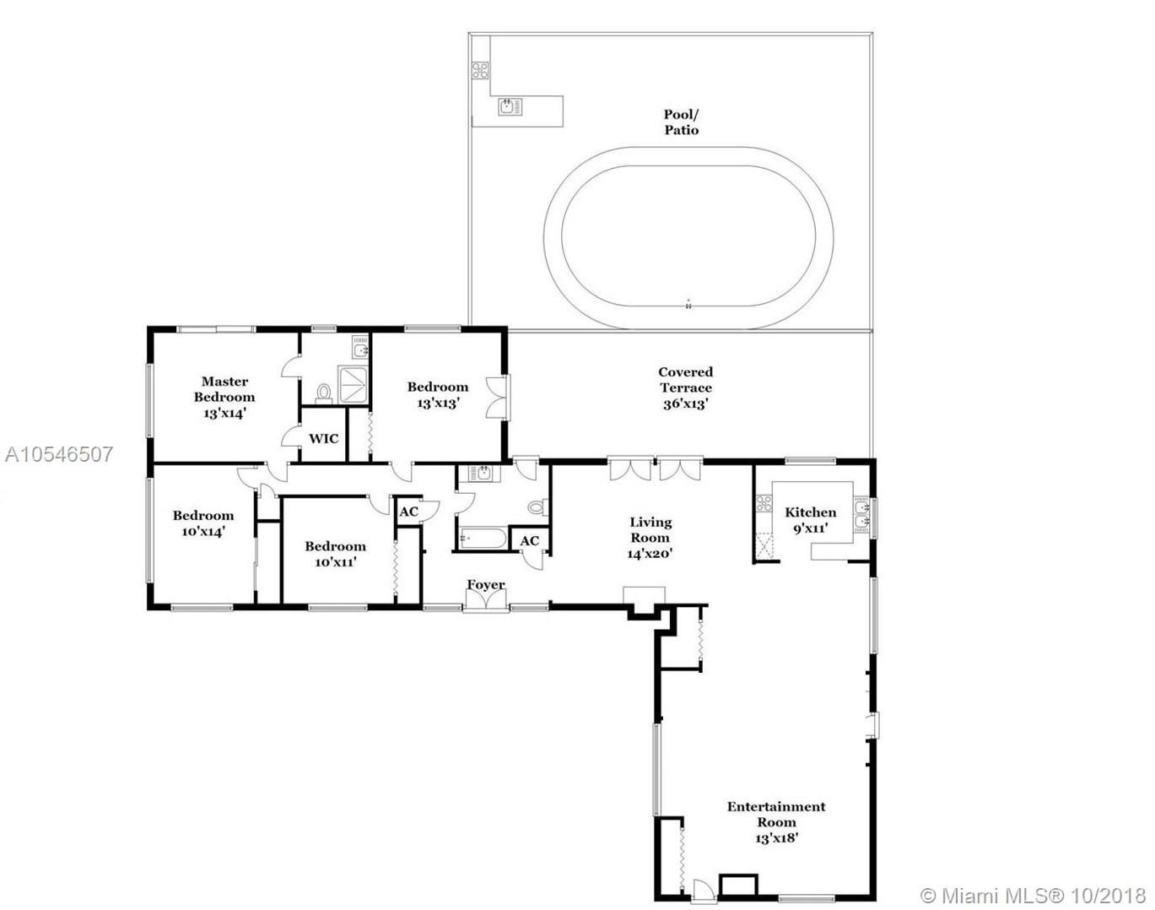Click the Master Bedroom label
click(x=224, y=397)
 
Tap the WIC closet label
click(x=323, y=438)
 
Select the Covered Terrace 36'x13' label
click(x=685, y=387)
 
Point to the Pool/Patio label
click(x=682, y=122)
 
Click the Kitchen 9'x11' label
click(x=811, y=520)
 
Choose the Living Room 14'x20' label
click(x=650, y=538)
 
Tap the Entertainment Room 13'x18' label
click(x=776, y=822)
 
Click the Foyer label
click(x=486, y=585)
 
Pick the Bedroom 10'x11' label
click(x=336, y=554)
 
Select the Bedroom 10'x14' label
click(x=202, y=523)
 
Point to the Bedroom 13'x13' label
click(x=437, y=395)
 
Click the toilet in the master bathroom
click(x=323, y=393)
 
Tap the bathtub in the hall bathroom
click(x=483, y=538)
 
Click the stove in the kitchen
click(x=764, y=503)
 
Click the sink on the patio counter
click(x=510, y=106)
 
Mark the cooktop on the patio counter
click(x=480, y=70)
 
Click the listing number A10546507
click(x=59, y=454)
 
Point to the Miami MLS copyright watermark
click(x=1033, y=896)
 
